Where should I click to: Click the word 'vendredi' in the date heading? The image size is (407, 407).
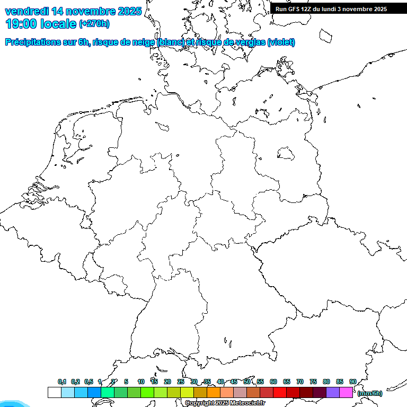[26, 11]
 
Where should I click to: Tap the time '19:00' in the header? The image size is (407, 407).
[21, 23]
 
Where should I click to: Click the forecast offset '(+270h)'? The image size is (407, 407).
[94, 24]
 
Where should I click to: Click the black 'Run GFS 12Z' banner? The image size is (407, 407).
[331, 9]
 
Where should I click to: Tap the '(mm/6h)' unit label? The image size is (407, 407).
[369, 393]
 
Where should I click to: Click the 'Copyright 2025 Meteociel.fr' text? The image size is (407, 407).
[225, 403]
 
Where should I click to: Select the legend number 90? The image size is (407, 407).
[353, 382]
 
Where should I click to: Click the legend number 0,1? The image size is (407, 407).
[62, 382]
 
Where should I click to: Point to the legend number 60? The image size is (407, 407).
[273, 382]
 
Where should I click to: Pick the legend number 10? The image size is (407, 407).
[141, 382]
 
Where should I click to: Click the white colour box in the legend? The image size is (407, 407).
[54, 392]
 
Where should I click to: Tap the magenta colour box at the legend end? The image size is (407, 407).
[346, 392]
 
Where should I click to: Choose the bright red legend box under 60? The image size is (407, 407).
[279, 392]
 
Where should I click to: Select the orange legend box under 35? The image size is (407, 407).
[213, 392]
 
